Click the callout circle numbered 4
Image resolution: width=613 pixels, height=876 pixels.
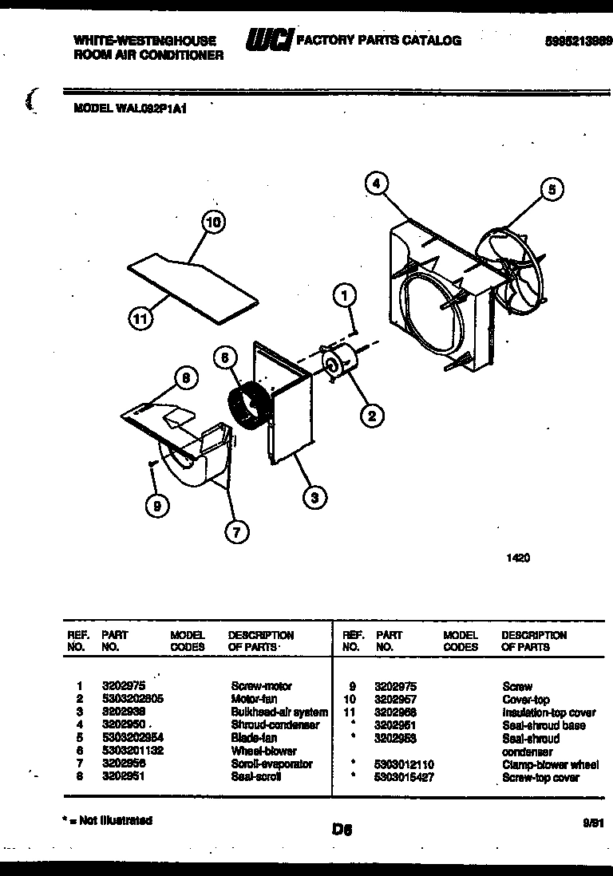tap(376, 183)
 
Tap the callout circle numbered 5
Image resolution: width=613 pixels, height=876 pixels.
tap(551, 189)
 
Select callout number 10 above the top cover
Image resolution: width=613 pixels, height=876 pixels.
tap(213, 223)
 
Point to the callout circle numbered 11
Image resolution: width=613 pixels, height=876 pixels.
tap(140, 319)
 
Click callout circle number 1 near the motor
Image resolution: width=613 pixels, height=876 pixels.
tap(344, 297)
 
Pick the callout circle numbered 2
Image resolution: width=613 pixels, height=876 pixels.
tap(371, 413)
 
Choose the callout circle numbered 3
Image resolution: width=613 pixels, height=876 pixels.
tap(315, 497)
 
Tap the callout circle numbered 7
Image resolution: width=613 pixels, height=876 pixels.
tap(236, 531)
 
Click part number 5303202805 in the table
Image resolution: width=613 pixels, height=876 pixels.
tap(132, 698)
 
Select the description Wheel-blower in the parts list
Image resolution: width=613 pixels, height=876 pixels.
tap(263, 751)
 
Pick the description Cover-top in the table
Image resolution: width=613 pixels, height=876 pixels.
tap(525, 699)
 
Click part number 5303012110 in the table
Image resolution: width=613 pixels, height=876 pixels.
tap(403, 764)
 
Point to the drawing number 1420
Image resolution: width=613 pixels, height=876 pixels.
tap(518, 558)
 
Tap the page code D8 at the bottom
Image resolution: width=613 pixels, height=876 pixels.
tap(342, 830)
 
